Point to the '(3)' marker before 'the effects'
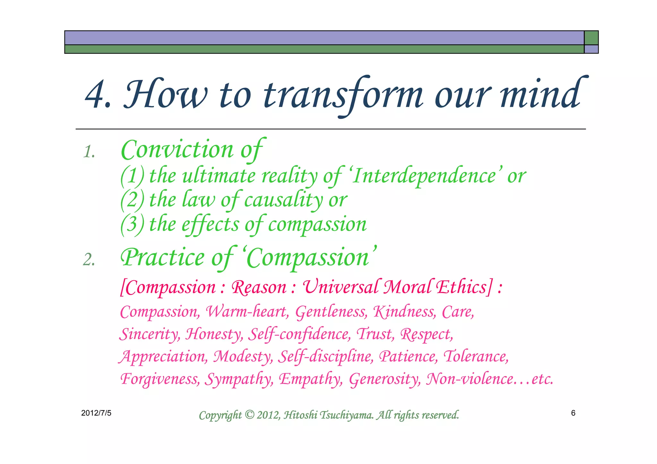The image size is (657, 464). pyautogui.click(x=132, y=224)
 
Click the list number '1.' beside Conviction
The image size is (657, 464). pyautogui.click(x=89, y=152)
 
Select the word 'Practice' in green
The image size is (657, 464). pyautogui.click(x=162, y=257)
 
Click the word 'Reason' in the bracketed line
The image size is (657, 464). pyautogui.click(x=259, y=287)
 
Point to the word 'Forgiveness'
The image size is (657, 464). pyautogui.click(x=159, y=379)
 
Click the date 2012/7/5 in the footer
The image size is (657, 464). pyautogui.click(x=96, y=413)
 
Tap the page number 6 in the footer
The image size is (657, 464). pyautogui.click(x=573, y=413)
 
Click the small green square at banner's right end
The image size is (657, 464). pyautogui.click(x=591, y=38)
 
